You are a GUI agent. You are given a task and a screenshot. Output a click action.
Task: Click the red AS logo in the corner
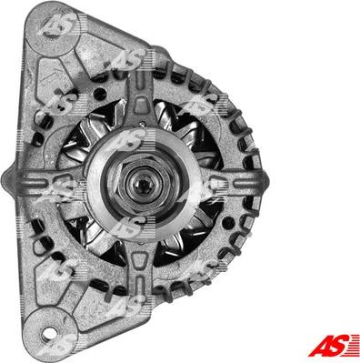[x=334, y=345]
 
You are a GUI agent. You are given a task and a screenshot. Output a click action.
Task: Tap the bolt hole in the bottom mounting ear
[x=48, y=334]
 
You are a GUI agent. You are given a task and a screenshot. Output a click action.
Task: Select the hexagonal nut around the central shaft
[x=142, y=183]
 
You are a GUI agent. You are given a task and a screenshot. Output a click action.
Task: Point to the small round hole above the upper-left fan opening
[x=99, y=94]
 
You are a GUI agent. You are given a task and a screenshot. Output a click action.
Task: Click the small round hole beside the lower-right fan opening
[x=228, y=224]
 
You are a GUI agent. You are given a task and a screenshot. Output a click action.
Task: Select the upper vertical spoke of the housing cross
[x=140, y=100]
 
